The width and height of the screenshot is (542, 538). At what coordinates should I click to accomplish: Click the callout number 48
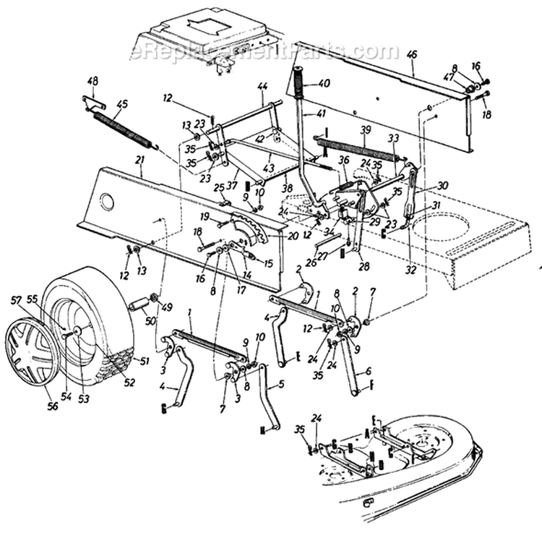(92, 80)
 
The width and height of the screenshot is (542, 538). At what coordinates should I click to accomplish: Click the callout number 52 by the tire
(129, 383)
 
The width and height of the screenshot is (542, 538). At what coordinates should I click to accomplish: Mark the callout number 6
(369, 372)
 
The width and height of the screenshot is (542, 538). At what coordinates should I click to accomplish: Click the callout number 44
(262, 85)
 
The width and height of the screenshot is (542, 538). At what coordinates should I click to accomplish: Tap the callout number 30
(442, 186)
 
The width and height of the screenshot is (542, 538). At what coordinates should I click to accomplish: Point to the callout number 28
(364, 267)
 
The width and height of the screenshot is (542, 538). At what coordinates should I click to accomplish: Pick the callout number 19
(205, 216)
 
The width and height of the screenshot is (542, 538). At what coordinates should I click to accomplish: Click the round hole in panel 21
(107, 202)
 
